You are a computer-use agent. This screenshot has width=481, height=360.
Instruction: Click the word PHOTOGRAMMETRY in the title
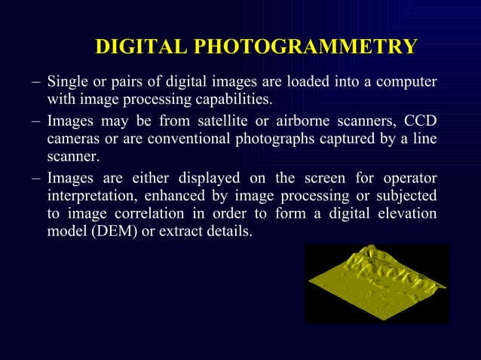click(305, 47)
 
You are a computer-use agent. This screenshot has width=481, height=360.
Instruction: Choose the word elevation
click(407, 214)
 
